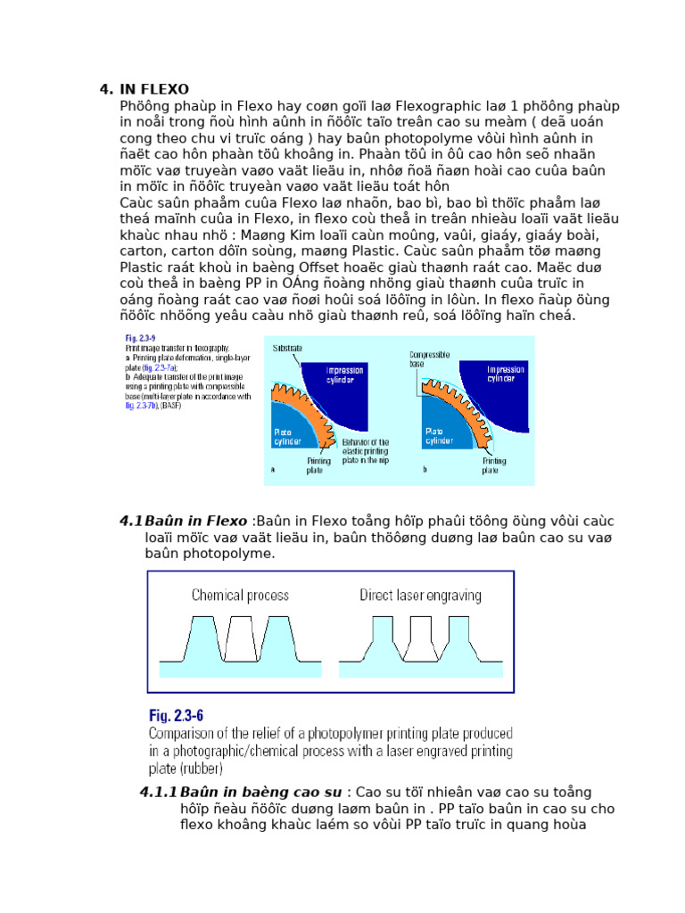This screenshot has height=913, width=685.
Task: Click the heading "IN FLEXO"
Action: point(153,89)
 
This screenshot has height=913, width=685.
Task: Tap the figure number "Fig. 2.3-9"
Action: point(139,339)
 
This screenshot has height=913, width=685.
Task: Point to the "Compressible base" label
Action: point(430,358)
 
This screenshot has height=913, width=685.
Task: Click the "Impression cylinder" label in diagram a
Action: point(344,374)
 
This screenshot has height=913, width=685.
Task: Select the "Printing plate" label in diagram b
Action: point(495,466)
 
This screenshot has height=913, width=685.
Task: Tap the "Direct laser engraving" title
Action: point(420,595)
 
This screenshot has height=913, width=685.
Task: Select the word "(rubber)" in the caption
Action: point(199,768)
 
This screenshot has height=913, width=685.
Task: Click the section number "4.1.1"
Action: point(158,793)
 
